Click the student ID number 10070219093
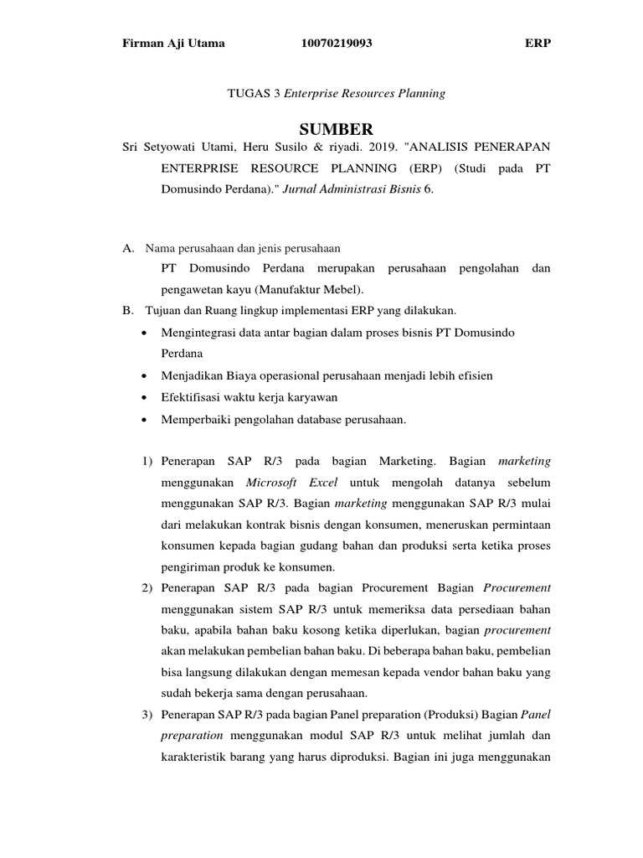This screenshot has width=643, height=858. click(x=336, y=44)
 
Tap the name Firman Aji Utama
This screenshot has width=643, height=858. click(x=173, y=44)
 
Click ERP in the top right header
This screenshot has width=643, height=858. click(x=538, y=44)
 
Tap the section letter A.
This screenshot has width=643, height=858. click(x=128, y=248)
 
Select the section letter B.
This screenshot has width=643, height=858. click(x=128, y=311)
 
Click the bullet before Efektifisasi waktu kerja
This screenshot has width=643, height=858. click(x=147, y=397)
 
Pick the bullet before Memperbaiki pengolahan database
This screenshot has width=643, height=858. click(x=147, y=420)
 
